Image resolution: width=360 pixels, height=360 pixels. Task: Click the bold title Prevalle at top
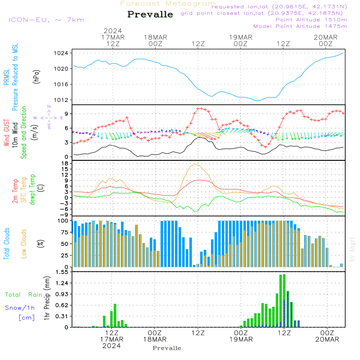(150, 15)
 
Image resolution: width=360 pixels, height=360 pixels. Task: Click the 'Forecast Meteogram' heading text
(168, 4)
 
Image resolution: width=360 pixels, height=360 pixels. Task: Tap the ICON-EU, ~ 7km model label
(46, 19)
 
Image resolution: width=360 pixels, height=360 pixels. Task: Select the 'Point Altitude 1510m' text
(311, 20)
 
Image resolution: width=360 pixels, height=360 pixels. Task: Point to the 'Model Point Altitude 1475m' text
(300, 26)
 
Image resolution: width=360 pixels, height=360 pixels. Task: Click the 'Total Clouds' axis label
(6, 244)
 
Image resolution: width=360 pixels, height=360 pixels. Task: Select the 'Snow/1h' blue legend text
(20, 308)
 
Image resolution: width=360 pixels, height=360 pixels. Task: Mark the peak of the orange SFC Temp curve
(195, 164)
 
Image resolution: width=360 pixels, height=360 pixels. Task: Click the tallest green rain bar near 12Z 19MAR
(284, 301)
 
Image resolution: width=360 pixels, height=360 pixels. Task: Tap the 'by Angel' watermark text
(352, 249)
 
